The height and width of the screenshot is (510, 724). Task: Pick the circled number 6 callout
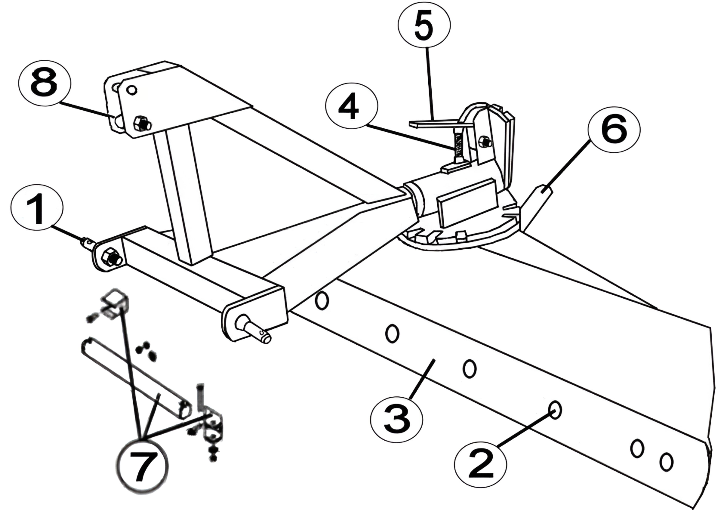614,130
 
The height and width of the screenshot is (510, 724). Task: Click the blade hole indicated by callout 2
555,410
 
